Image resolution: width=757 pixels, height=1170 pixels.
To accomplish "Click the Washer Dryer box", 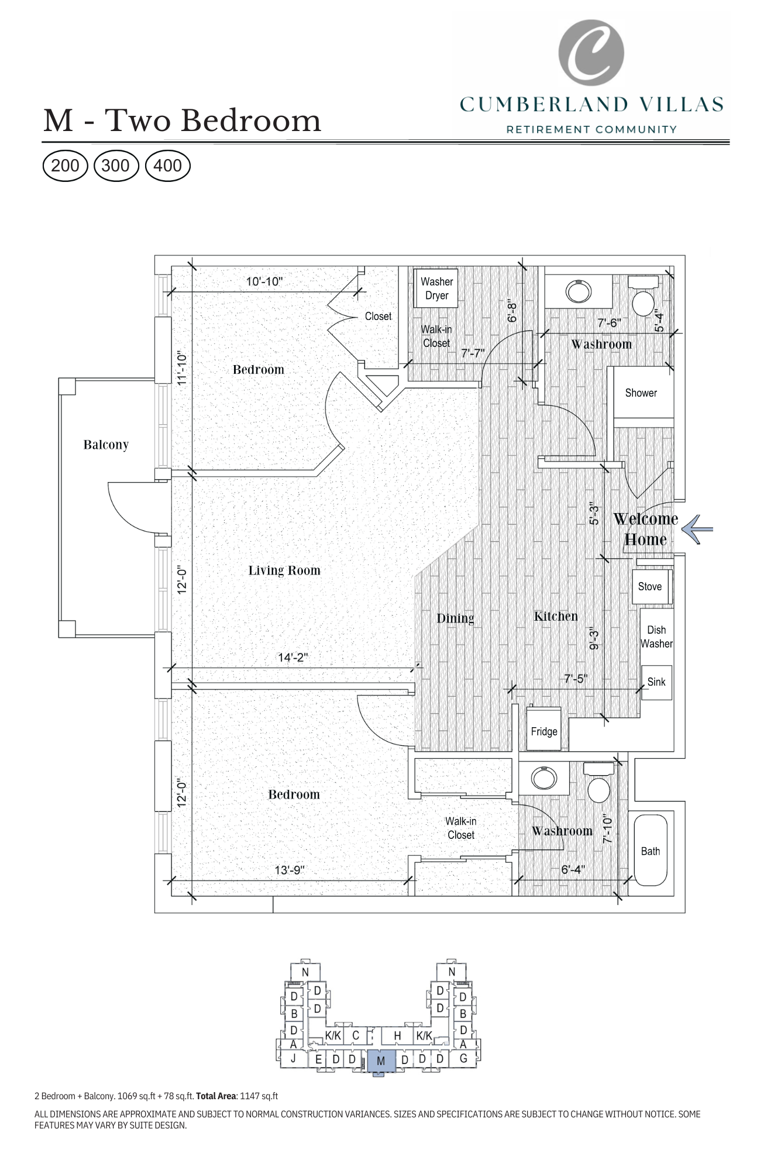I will (x=436, y=288).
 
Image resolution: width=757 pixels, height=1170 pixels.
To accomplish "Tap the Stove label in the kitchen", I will (x=649, y=586).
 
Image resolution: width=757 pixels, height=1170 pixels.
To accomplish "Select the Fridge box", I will (x=543, y=731).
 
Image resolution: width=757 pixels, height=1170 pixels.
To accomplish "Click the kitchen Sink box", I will (x=656, y=682).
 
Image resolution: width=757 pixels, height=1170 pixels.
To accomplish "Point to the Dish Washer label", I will (x=656, y=636).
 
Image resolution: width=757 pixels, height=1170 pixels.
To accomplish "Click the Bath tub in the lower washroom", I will (x=650, y=851).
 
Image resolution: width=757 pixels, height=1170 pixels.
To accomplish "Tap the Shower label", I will (x=641, y=393).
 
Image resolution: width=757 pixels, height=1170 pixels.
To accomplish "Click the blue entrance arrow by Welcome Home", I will (x=698, y=529).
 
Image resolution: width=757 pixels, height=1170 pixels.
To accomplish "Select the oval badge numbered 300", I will (x=115, y=166).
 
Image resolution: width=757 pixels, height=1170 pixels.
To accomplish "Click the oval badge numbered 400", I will (x=167, y=166).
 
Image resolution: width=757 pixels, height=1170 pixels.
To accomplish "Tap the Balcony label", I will (x=106, y=445).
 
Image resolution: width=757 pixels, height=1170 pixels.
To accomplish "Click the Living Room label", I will (x=284, y=570).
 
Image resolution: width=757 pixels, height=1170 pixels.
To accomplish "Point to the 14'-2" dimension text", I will (x=293, y=657).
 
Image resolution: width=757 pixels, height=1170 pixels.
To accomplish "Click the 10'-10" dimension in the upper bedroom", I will (x=264, y=281).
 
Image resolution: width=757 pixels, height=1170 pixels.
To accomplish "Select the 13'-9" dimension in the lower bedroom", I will (x=290, y=870).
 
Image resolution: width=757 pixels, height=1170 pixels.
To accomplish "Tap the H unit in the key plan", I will (x=397, y=1035).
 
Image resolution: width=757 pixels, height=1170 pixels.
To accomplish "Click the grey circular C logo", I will (x=591, y=53).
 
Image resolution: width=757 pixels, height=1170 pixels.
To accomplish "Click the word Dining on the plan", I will (x=455, y=618).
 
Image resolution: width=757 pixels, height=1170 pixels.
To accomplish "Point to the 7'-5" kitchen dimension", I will (x=575, y=679).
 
